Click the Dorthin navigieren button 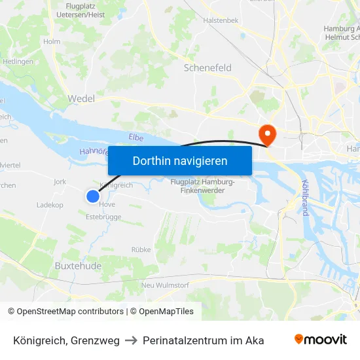point(179,160)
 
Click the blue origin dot point(93,196)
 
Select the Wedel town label point(81,99)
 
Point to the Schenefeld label point(207,67)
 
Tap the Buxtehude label point(78,266)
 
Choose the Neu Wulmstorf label point(165,285)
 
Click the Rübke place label point(141,249)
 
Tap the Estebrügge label point(104,216)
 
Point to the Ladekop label point(50,205)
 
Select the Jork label point(60,182)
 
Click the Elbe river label point(136,137)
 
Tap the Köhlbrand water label point(304,198)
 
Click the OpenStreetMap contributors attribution point(70,312)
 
